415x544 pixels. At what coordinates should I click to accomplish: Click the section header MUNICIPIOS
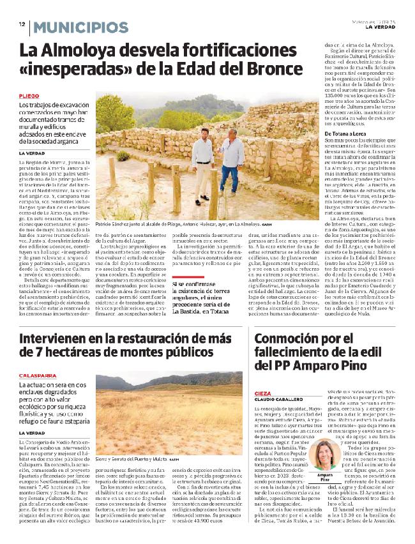coord(81,27)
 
